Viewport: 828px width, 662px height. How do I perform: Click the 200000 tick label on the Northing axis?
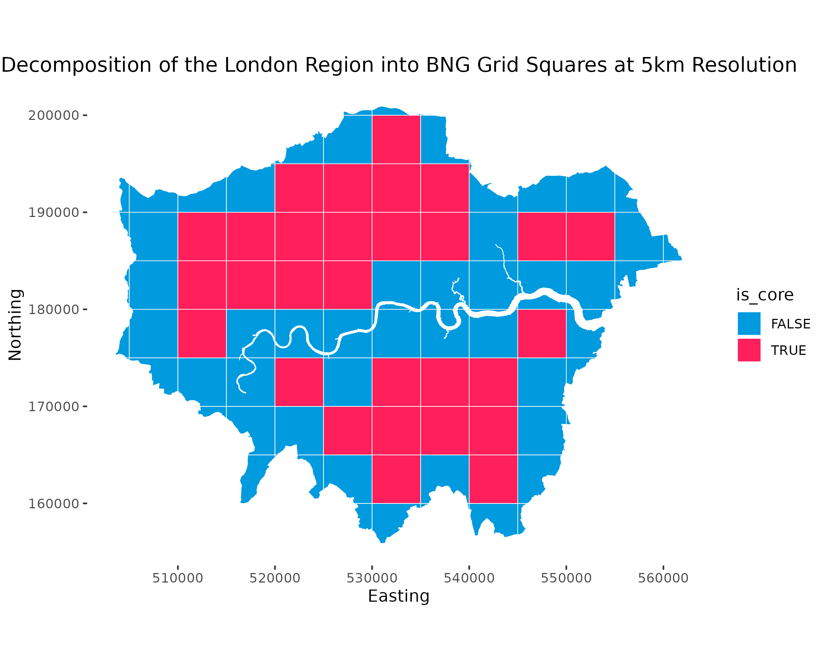(x=53, y=115)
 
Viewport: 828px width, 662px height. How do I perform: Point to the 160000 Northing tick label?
(x=53, y=504)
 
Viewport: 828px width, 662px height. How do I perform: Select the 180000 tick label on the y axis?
(x=53, y=310)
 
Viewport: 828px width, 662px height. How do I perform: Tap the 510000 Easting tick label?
(x=177, y=579)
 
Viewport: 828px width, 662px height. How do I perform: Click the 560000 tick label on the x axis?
(x=663, y=579)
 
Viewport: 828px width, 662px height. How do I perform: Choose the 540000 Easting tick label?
(x=469, y=579)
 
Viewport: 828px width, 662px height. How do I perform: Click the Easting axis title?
(x=399, y=597)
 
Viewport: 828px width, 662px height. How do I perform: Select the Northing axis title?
(x=15, y=325)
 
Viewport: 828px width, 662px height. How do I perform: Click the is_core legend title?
(x=765, y=295)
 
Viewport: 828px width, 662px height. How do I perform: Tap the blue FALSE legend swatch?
(x=749, y=324)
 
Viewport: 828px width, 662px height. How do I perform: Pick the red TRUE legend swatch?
(x=749, y=350)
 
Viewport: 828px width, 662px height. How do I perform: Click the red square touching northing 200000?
(x=396, y=139)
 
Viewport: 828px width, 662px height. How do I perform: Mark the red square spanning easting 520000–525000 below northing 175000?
(x=299, y=382)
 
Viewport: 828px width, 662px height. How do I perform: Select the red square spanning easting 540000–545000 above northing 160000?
(x=493, y=479)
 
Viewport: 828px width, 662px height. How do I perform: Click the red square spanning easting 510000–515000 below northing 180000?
(x=202, y=334)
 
